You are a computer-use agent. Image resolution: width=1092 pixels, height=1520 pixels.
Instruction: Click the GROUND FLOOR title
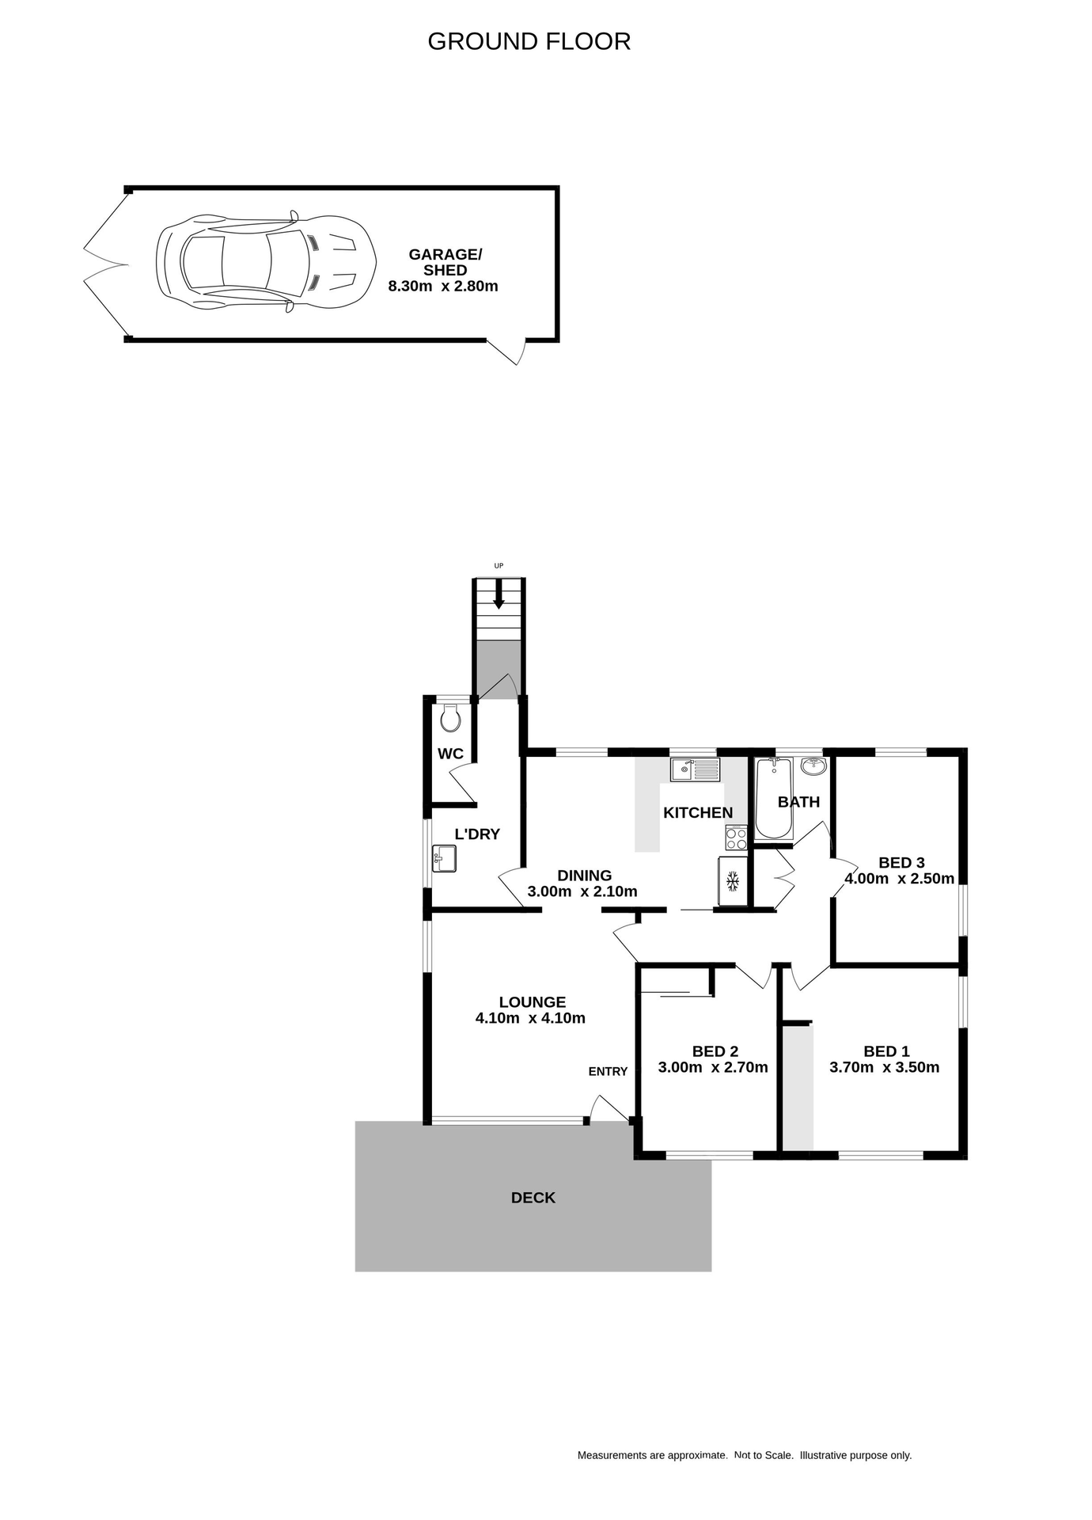point(529,41)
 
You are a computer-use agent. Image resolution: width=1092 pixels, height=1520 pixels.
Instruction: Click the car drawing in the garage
point(265,263)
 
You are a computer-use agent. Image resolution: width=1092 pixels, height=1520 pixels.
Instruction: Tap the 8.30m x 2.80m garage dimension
point(442,287)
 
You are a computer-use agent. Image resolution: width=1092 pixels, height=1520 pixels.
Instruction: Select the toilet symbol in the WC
point(450,719)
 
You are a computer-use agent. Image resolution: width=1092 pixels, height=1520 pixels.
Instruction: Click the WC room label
point(450,754)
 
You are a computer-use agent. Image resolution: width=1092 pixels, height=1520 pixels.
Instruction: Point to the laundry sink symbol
point(444,858)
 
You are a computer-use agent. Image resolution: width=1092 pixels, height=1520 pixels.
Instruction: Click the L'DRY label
point(477,834)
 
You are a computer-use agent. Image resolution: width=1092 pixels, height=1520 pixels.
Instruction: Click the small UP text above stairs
point(499,565)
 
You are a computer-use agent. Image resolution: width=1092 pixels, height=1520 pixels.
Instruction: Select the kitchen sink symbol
point(695,769)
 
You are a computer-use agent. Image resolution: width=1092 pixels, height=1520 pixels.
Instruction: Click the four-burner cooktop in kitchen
point(736,838)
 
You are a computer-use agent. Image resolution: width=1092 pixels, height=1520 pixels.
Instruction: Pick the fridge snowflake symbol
point(733,880)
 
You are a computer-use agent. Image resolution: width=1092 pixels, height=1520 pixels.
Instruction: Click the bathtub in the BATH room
point(773,797)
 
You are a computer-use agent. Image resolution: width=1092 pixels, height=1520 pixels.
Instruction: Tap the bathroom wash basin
point(813,766)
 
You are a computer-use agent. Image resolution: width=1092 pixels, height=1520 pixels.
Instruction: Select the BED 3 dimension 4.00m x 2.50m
point(899,878)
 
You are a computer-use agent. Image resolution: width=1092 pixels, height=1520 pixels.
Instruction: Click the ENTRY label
point(608,1071)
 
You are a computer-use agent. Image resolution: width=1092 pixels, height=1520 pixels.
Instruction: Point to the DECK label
point(533,1198)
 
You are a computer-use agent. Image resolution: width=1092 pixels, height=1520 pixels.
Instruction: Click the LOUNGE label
point(532,1002)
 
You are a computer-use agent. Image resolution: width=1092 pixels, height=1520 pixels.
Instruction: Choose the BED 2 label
point(715,1051)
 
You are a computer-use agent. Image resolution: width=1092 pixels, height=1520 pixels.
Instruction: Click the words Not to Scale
point(764,1455)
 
